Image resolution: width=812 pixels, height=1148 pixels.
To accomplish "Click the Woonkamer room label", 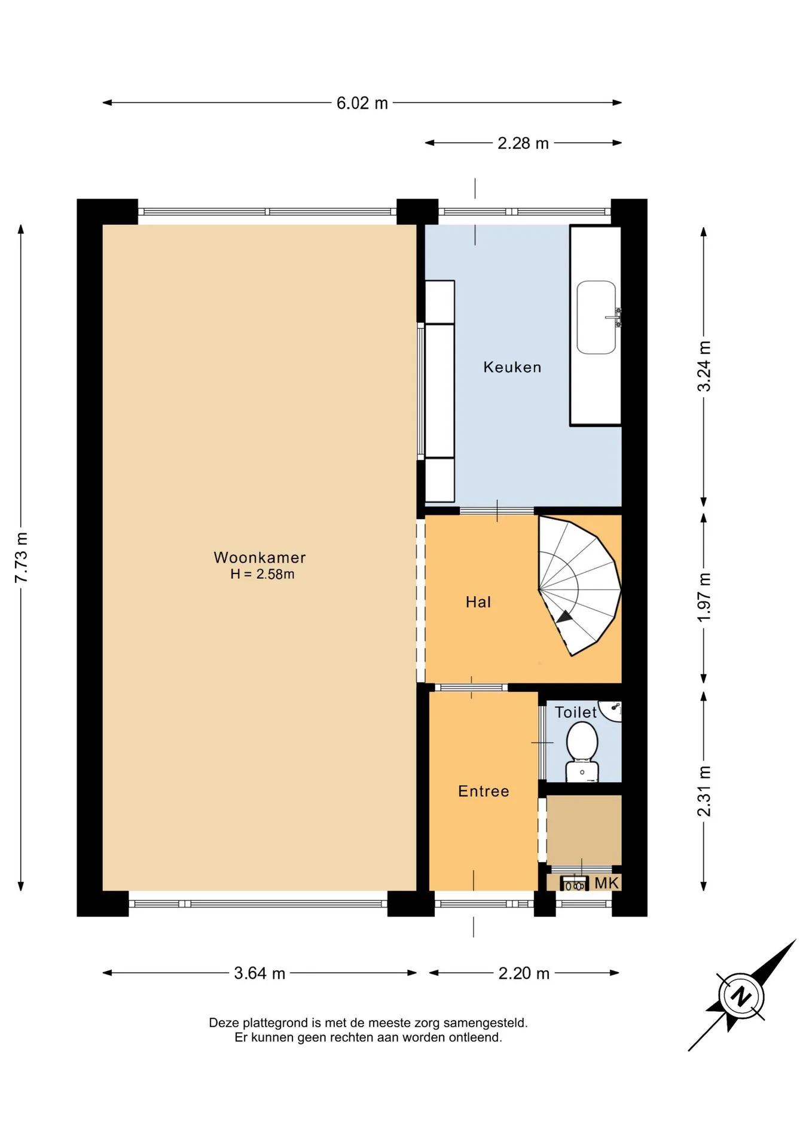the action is pyautogui.click(x=260, y=558).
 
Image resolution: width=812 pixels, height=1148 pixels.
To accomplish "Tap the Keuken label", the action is pyautogui.click(x=512, y=367).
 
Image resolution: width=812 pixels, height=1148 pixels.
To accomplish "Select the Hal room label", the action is pyautogui.click(x=478, y=602).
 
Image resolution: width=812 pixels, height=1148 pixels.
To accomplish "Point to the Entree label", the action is pyautogui.click(x=484, y=791).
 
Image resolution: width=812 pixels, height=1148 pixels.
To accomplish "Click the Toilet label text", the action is pyautogui.click(x=576, y=712).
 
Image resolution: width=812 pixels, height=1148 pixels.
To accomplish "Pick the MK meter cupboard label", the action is pyautogui.click(x=606, y=883).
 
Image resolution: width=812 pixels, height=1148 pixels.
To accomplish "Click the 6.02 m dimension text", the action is pyautogui.click(x=362, y=103).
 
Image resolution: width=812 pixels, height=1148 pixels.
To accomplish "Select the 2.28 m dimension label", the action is pyautogui.click(x=523, y=143).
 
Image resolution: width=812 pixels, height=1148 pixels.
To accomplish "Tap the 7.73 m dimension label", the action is pyautogui.click(x=21, y=557).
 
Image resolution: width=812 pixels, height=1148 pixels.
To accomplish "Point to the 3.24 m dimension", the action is pyautogui.click(x=704, y=366).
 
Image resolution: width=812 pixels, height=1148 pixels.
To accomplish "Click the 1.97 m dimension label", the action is pyautogui.click(x=704, y=597).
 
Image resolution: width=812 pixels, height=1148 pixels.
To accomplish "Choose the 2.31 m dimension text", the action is pyautogui.click(x=704, y=791).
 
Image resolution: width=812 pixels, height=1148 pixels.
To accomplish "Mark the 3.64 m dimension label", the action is pyautogui.click(x=260, y=973).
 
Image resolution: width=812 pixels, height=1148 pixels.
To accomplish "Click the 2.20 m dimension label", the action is pyautogui.click(x=524, y=973).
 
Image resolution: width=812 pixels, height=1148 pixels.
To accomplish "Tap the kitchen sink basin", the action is pyautogui.click(x=596, y=317).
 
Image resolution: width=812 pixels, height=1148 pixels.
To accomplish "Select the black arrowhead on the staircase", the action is pyautogui.click(x=564, y=618).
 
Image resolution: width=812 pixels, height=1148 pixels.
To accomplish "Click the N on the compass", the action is pyautogui.click(x=741, y=997).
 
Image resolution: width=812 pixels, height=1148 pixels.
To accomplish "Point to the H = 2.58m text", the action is pyautogui.click(x=262, y=575).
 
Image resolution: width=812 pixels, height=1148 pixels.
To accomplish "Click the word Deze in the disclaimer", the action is pyautogui.click(x=224, y=1023).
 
